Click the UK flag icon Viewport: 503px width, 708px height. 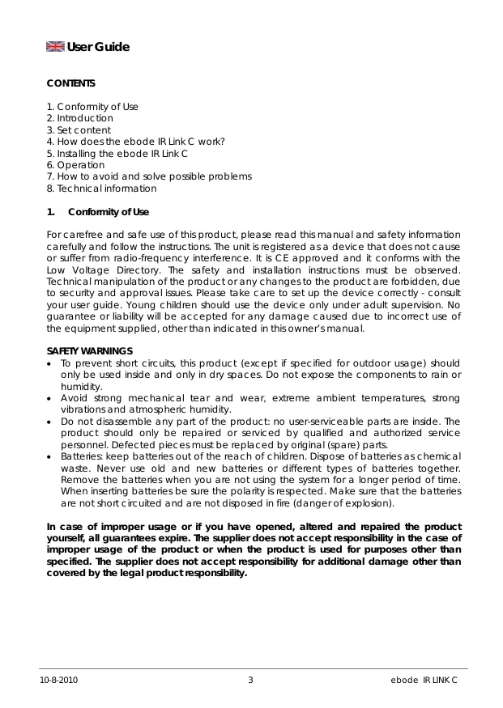pyautogui.click(x=55, y=47)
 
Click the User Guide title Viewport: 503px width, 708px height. pyautogui.click(x=98, y=47)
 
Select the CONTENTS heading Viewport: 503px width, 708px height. pyautogui.click(x=71, y=83)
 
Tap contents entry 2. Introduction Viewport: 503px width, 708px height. pyautogui.click(x=80, y=118)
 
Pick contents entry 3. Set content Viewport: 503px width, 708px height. pyautogui.click(x=79, y=130)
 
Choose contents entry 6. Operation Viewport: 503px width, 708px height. pyautogui.click(x=75, y=165)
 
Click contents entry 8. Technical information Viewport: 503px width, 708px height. pyautogui.click(x=102, y=189)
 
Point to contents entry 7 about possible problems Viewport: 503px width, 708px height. pyautogui.click(x=149, y=176)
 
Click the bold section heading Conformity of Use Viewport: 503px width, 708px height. pyautogui.click(x=109, y=212)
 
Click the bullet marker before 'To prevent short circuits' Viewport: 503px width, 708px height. pyautogui.click(x=51, y=363)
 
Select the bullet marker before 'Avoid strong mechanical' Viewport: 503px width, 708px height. pyautogui.click(x=51, y=398)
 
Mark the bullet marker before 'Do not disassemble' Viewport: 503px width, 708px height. pyautogui.click(x=51, y=422)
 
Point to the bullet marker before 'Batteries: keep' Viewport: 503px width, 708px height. pyautogui.click(x=51, y=457)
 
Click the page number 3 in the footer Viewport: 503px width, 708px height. pyautogui.click(x=250, y=680)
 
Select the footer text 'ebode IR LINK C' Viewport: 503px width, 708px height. pyautogui.click(x=424, y=680)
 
